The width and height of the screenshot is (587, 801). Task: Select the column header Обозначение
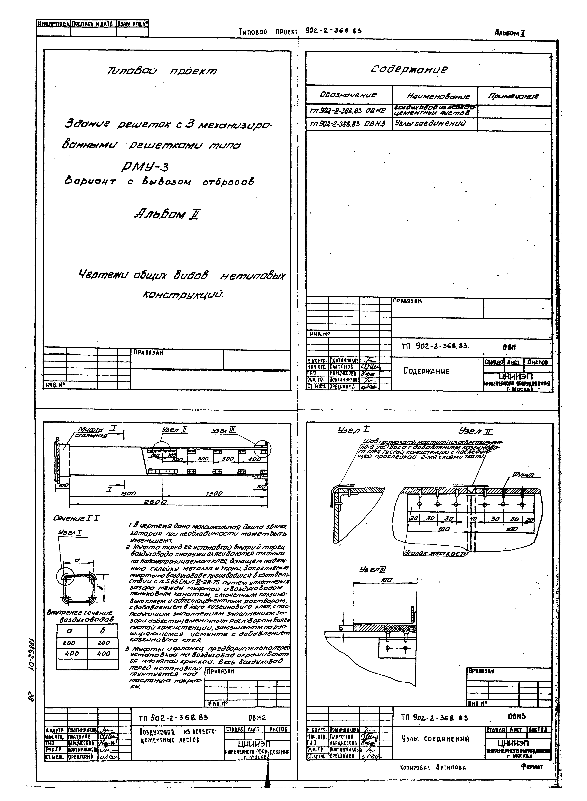coord(348,95)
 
